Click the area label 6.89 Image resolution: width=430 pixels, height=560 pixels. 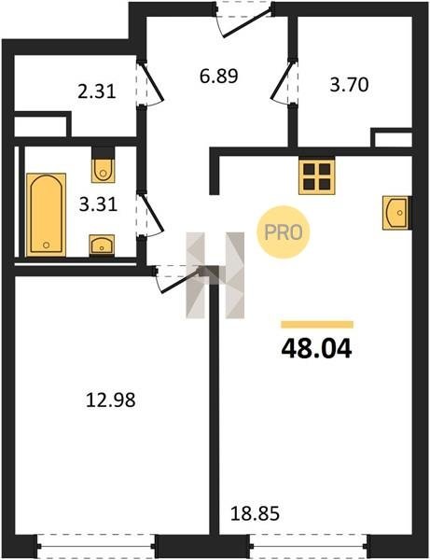(x=219, y=77)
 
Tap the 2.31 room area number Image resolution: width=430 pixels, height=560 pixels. (x=97, y=91)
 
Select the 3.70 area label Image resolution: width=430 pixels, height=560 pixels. (x=349, y=85)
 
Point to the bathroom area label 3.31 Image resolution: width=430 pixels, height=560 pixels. (x=98, y=205)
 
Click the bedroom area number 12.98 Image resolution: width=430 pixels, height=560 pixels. (x=111, y=400)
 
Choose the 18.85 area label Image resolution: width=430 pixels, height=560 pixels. (x=256, y=514)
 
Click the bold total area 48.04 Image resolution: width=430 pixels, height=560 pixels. (x=316, y=349)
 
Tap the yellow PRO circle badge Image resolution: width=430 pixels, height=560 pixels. (x=284, y=232)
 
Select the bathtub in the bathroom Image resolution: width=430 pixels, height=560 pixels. (x=46, y=215)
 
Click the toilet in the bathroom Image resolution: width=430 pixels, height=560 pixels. (x=104, y=167)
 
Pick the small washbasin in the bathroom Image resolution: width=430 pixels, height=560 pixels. (x=102, y=245)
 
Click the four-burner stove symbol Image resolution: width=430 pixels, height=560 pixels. (x=317, y=176)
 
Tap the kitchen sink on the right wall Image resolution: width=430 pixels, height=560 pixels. (x=396, y=212)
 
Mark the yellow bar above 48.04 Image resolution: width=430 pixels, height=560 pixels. (x=317, y=324)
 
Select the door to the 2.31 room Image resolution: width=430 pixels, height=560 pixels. (x=149, y=84)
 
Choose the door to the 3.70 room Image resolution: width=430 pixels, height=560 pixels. (x=284, y=82)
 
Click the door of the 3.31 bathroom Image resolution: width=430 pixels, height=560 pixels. (x=149, y=215)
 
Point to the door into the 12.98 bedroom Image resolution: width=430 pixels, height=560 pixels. (x=177, y=279)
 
